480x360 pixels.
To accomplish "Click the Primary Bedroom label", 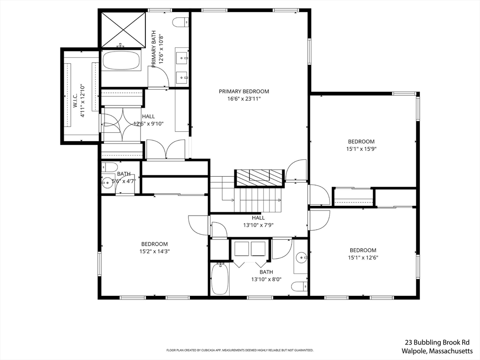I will (244, 91).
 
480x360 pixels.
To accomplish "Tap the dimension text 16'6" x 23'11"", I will (244, 99).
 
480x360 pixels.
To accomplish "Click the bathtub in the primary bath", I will (121, 61).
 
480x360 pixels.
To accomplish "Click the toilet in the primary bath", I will (180, 22).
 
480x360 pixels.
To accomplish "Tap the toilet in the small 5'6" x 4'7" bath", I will (110, 167).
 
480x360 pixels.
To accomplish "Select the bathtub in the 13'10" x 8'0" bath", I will (220, 279).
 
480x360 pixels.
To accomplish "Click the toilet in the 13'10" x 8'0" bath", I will (299, 286).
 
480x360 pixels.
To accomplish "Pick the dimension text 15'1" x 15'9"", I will (361, 149).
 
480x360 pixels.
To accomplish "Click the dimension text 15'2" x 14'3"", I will (155, 251).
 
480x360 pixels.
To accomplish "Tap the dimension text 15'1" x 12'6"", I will (363, 257).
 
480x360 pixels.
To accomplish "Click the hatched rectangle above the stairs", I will (260, 176).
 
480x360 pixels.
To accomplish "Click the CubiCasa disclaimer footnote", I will (240, 350).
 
